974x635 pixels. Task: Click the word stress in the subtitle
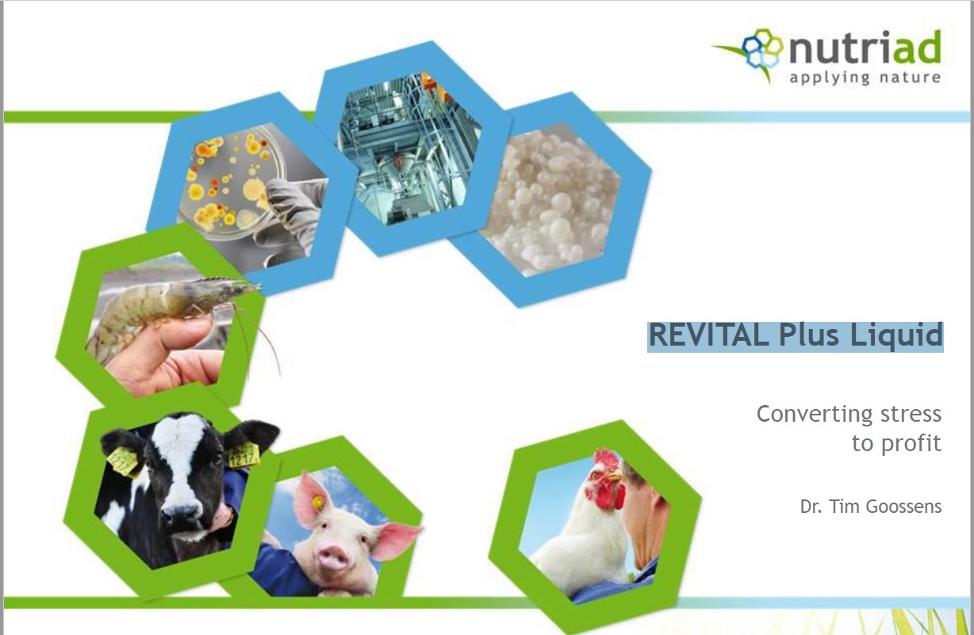(910, 414)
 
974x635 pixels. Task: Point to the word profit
(911, 444)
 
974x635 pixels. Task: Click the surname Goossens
(906, 506)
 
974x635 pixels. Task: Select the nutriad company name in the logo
(865, 49)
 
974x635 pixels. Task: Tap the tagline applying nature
(865, 78)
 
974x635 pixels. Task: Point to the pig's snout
(335, 560)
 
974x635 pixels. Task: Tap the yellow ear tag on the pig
(317, 503)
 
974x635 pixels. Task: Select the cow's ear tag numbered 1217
(243, 455)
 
